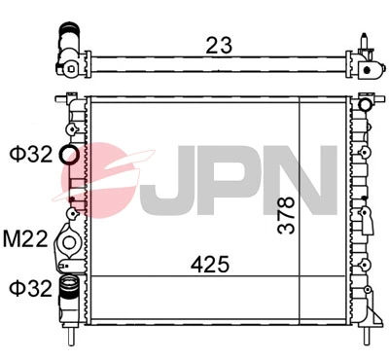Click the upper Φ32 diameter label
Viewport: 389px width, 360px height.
(29, 154)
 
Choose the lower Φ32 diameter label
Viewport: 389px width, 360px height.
(29, 288)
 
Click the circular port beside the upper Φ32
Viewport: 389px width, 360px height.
(70, 155)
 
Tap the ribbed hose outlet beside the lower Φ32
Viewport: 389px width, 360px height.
(68, 288)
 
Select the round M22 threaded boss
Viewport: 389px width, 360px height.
(69, 240)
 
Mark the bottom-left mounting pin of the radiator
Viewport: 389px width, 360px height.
(72, 339)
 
